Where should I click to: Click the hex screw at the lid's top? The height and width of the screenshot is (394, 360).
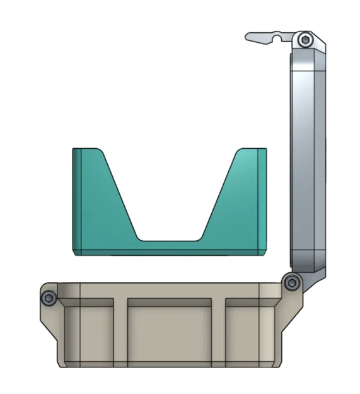coord(306,40)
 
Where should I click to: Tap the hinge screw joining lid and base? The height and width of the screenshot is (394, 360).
coord(290,283)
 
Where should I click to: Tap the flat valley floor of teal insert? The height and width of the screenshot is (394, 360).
coord(170,241)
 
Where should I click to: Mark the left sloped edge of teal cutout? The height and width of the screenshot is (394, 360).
coord(120,195)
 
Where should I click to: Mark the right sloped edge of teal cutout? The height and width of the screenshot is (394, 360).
coord(219,195)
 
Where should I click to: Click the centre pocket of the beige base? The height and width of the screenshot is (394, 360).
coord(170,331)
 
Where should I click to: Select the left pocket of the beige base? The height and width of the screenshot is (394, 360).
coord(90,331)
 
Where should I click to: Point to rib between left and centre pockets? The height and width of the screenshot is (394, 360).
coord(121,331)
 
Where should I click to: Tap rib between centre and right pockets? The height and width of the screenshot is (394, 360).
coord(218,331)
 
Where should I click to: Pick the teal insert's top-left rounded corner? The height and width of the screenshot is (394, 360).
coord(76,151)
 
